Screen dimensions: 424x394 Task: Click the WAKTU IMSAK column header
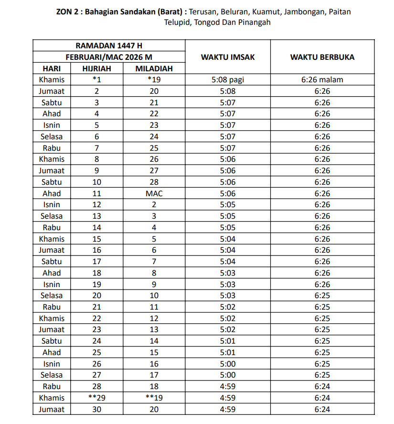(228, 57)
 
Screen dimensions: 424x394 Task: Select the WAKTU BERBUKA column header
(322, 57)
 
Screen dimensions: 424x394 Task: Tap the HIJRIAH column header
(96, 68)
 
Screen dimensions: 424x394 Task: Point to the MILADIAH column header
(154, 68)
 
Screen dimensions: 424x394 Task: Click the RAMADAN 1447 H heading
(109, 46)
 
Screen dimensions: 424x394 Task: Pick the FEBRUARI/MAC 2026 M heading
(109, 57)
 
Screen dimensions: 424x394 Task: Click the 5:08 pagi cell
(228, 80)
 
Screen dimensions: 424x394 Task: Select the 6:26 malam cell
(322, 80)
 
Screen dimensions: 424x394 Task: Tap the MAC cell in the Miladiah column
(154, 194)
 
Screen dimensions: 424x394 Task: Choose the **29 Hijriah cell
(96, 398)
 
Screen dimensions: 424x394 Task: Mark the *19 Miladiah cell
(154, 80)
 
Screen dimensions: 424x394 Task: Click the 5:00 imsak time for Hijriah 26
(228, 364)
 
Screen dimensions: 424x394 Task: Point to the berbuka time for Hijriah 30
(322, 410)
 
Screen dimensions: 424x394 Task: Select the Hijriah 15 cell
(96, 239)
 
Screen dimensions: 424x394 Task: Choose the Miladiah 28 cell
(154, 182)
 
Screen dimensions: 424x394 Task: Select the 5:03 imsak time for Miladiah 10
(228, 296)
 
